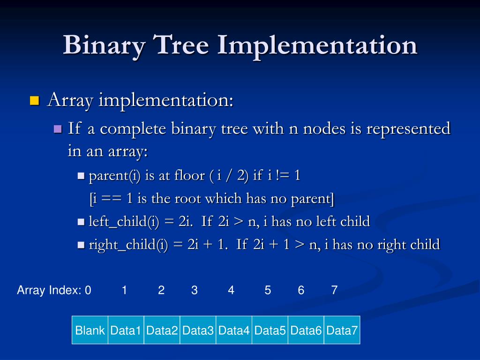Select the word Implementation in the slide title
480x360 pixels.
pos(316,45)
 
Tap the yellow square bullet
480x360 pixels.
pos(34,100)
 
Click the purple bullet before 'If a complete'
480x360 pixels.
pos(58,129)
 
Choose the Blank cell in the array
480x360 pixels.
pos(90,330)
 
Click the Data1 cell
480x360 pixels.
pos(126,330)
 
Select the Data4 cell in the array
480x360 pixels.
pos(234,330)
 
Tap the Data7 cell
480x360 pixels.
pos(342,330)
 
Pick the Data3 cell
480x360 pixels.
pos(198,330)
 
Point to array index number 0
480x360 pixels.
pos(88,291)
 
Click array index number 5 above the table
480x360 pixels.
pos(268,291)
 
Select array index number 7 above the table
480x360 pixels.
pos(334,291)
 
